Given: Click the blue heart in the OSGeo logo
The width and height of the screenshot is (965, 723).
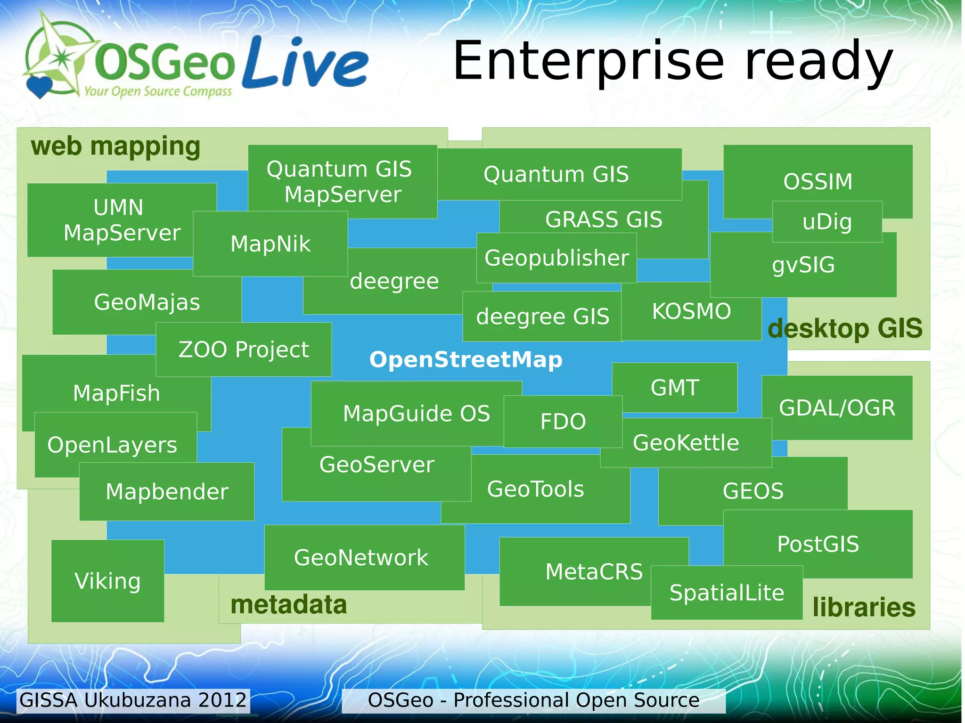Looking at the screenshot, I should pos(39,87).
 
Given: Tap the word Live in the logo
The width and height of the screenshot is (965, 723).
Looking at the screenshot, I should pos(305,63).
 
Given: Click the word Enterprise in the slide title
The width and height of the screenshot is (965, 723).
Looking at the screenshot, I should pos(588,61).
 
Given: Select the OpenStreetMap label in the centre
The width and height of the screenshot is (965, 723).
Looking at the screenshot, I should pos(466,360).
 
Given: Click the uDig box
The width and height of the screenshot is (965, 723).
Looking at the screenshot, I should pos(827,222).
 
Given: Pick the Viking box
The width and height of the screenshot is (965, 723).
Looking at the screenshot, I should pos(107,581).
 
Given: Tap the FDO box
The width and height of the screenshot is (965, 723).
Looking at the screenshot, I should pos(563,422).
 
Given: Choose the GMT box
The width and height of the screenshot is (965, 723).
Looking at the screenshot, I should pos(674,388).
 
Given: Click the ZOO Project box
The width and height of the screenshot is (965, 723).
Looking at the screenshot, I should pos(244,349).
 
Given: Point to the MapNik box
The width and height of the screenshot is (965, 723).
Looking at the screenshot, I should pos(270,244).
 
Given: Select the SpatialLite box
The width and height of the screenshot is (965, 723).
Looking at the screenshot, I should pos(727,593).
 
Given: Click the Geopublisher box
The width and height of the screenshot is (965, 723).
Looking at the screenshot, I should pos(556,258).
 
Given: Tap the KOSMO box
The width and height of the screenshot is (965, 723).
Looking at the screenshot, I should pos(691,311).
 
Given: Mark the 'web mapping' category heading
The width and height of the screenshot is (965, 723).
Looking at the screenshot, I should pos(115,146).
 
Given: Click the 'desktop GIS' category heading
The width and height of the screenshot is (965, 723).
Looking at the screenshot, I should pos(845,328).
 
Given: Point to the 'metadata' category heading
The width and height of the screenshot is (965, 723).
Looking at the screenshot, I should pos(288,605).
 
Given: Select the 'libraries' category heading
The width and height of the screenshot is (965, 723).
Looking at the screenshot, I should pos(864,607).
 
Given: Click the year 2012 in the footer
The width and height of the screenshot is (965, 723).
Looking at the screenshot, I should pos(222,700).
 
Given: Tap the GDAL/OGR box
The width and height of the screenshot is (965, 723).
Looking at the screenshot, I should pos(837,408).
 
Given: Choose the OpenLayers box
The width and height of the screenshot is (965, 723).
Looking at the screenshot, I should pos(112,445).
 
